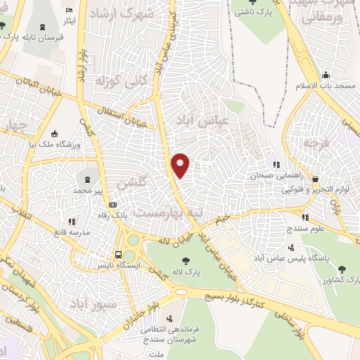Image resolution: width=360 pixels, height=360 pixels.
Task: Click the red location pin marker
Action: (181, 165)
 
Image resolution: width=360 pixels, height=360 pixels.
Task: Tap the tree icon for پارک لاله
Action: (186, 261)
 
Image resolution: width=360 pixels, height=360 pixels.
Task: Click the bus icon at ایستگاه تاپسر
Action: (118, 255)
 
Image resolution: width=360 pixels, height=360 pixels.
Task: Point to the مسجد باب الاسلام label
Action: (335, 85)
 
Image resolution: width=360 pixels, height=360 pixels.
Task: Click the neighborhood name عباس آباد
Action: (214, 120)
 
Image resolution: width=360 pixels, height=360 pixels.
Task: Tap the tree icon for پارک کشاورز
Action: (342, 269)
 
